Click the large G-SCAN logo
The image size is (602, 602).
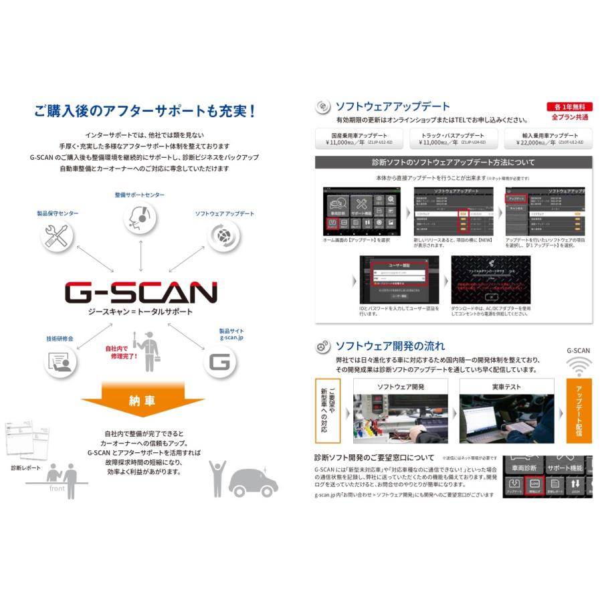coord(140,292)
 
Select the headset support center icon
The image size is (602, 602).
coord(140,217)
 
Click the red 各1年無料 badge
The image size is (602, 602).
coord(569,106)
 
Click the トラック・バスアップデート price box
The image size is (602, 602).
coord(452,138)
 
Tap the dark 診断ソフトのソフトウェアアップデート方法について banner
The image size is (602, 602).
coord(454,162)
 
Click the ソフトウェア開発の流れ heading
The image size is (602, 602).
coord(389,346)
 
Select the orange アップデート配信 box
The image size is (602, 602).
coord(579,411)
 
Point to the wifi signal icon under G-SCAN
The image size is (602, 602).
coord(579,367)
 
